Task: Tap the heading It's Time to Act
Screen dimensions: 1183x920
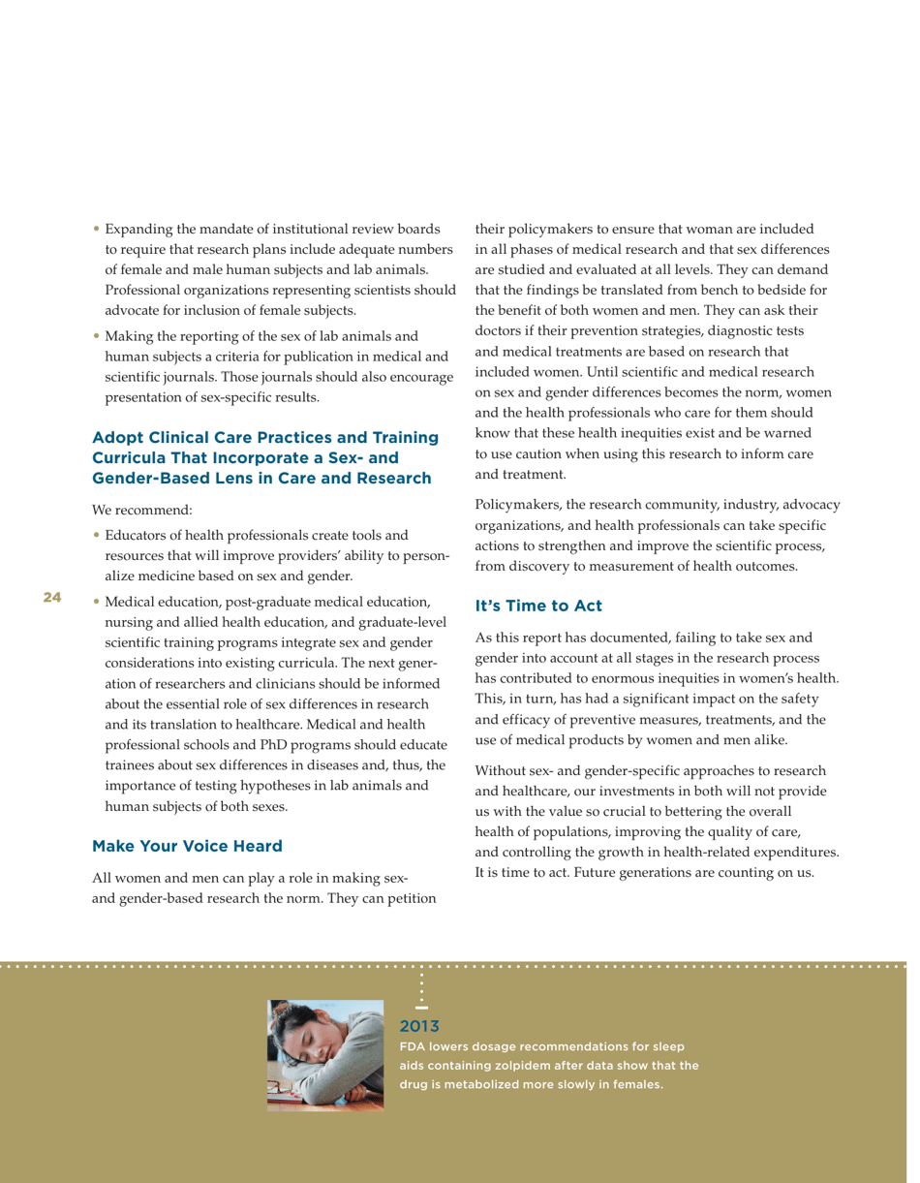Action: (x=537, y=606)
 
